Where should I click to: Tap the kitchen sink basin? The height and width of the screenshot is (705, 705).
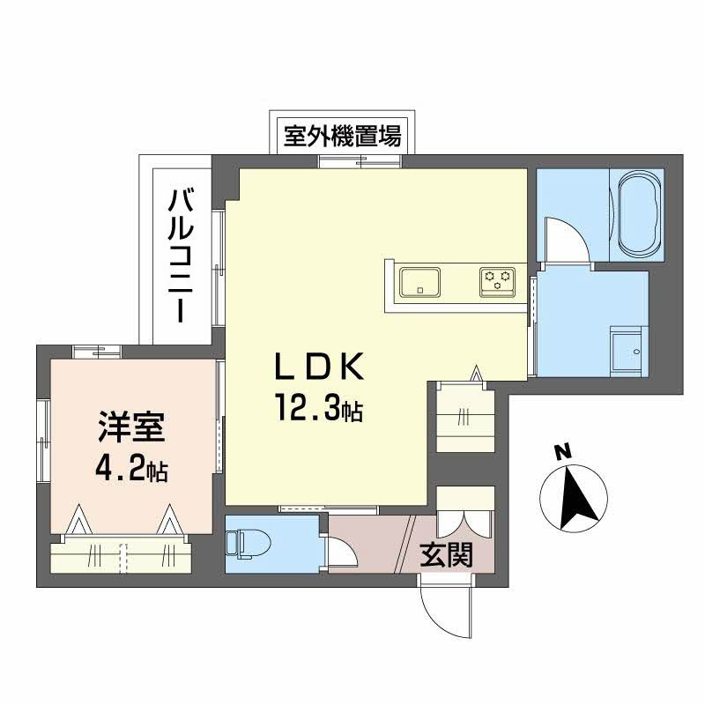pyautogui.click(x=420, y=283)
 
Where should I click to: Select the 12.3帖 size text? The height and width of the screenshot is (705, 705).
pyautogui.click(x=317, y=408)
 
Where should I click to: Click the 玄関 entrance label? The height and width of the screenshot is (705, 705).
pyautogui.click(x=444, y=554)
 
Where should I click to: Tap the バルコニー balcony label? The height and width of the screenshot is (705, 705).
pyautogui.click(x=182, y=256)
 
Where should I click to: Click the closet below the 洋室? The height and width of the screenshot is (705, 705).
pyautogui.click(x=122, y=555)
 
